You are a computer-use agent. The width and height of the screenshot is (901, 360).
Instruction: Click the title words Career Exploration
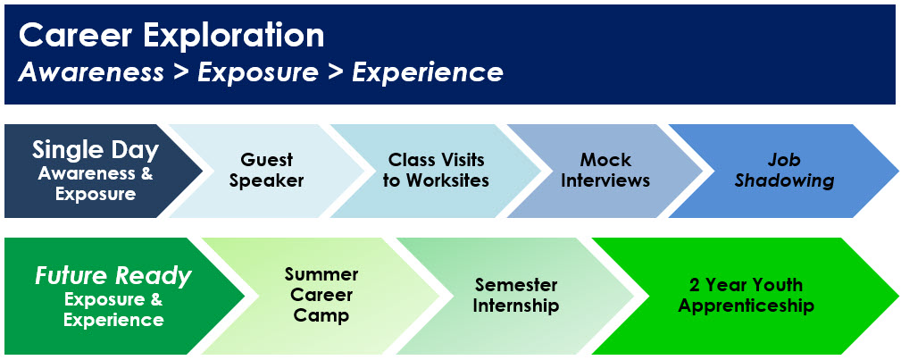coord(171,37)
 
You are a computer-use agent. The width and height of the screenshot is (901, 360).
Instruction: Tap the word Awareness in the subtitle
coord(91,73)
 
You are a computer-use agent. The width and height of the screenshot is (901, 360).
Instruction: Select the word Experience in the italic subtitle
coord(428,73)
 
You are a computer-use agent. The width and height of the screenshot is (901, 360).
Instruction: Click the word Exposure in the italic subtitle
coord(258,73)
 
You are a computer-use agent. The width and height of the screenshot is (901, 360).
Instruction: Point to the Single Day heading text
coord(96,151)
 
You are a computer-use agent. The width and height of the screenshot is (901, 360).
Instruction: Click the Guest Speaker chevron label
coord(267,170)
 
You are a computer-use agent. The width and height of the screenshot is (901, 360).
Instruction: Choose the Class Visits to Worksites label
coord(436,170)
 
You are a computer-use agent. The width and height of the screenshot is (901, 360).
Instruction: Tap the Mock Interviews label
coord(605,170)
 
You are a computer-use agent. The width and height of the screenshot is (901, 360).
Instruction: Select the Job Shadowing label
coord(785,170)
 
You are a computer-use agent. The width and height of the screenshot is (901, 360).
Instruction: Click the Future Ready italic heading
coord(113,277)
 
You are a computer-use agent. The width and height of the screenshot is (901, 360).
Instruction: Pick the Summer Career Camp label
coord(321,295)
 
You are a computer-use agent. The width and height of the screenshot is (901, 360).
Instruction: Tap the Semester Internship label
coord(516,295)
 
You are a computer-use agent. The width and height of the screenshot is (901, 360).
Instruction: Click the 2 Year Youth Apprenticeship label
coord(746,295)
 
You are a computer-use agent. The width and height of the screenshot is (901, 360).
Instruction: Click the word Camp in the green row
coord(321,315)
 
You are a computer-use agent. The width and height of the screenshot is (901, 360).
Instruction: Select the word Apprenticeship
coord(746,306)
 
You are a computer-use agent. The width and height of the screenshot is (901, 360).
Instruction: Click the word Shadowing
coord(785,180)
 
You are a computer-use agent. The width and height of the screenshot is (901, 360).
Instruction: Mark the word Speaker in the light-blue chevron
coord(267,180)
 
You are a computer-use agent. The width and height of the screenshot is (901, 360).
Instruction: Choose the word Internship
coord(516,306)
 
